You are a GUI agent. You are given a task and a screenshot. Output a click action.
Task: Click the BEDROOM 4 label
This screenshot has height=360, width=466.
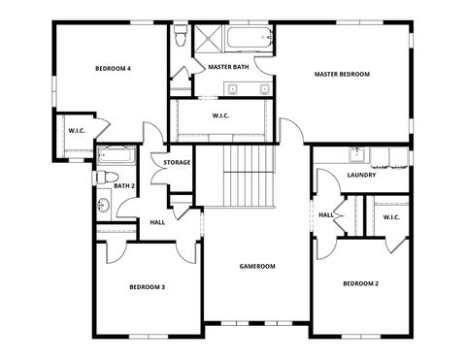click(113, 69)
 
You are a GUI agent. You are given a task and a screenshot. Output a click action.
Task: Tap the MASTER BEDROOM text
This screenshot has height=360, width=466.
click(341, 74)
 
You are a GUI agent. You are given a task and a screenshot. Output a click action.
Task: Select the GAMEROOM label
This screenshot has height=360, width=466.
click(257, 266)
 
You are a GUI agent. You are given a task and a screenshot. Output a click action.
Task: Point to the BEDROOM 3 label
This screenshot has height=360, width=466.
click(148, 287)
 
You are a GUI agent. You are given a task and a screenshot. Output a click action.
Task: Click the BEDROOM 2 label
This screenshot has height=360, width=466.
click(360, 283)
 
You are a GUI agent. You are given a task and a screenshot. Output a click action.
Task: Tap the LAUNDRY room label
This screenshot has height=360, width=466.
click(361, 176)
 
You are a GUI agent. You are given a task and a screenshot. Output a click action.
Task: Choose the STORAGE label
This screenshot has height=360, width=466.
click(177, 162)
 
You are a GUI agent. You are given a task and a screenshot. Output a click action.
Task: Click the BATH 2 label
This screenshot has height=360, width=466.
click(123, 185)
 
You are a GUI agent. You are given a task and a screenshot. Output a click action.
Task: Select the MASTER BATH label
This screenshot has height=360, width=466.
click(228, 67)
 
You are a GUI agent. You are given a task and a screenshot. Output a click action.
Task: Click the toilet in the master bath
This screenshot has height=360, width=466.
click(179, 37)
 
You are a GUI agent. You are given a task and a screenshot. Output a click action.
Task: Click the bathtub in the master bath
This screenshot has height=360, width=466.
click(250, 39)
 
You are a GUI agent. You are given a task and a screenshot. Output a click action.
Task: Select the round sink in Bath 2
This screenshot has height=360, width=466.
click(103, 205)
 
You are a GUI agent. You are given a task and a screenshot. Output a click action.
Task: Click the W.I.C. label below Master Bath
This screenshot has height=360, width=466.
click(220, 116)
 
